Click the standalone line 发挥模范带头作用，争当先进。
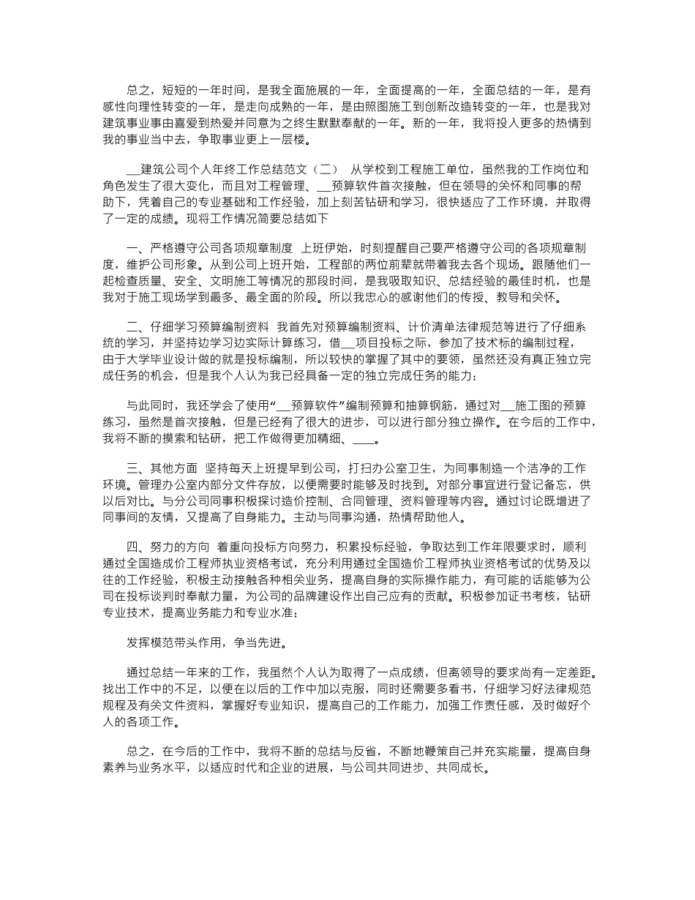click(x=208, y=643)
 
